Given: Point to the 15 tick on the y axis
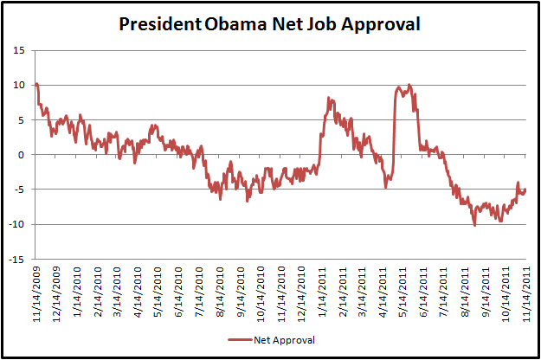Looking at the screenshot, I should click(x=20, y=50).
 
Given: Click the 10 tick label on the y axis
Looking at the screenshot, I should click(x=20, y=85).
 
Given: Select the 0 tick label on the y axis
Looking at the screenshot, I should click(x=23, y=155).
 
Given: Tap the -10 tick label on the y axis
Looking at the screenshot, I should click(x=18, y=224).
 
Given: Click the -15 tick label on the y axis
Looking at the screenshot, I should click(x=18, y=259).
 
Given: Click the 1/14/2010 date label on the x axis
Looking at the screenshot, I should click(x=77, y=292).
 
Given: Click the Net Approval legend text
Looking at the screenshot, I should click(x=285, y=340).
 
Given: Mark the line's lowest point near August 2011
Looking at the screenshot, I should click(x=474, y=225).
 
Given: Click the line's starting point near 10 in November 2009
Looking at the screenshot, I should click(x=36, y=84).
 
